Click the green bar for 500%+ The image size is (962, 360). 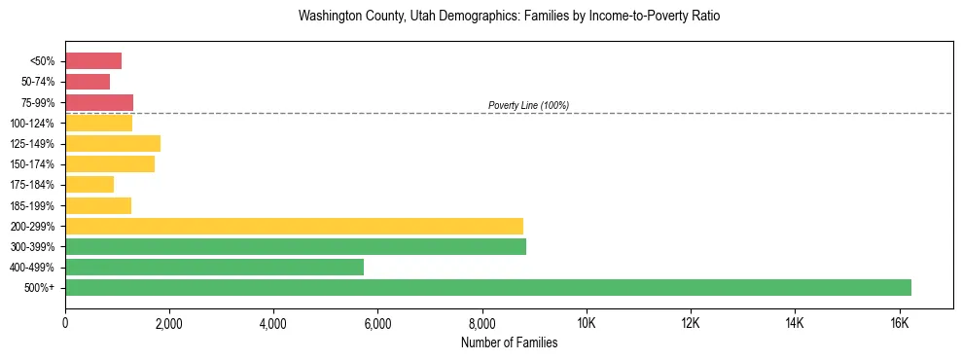[487, 288]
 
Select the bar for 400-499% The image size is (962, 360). [214, 268]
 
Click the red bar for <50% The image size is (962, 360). [93, 61]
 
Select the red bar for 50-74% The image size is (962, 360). [88, 82]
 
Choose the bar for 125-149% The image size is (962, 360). [113, 144]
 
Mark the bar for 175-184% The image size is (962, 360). [89, 185]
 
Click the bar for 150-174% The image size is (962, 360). [110, 164]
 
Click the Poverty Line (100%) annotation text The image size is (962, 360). [528, 105]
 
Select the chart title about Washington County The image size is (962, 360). [509, 17]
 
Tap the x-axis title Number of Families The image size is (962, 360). [509, 342]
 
